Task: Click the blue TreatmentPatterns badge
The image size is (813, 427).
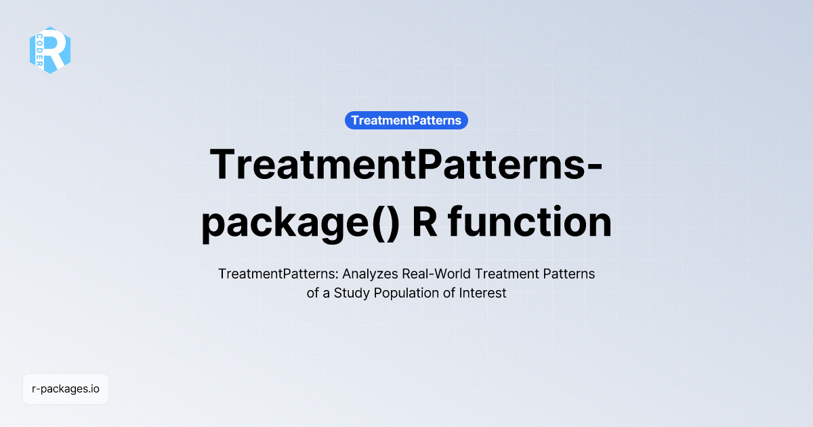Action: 406,121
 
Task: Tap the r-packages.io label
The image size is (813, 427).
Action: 66,389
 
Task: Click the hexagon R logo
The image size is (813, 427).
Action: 50,50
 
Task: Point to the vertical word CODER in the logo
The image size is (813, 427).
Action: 41,50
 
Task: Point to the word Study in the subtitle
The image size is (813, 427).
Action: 353,294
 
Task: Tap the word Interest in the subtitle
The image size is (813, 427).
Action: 484,294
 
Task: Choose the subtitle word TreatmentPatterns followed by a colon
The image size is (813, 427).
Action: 278,274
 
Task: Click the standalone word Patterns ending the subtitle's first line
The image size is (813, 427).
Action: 570,274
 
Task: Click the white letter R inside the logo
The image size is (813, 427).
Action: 57,49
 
